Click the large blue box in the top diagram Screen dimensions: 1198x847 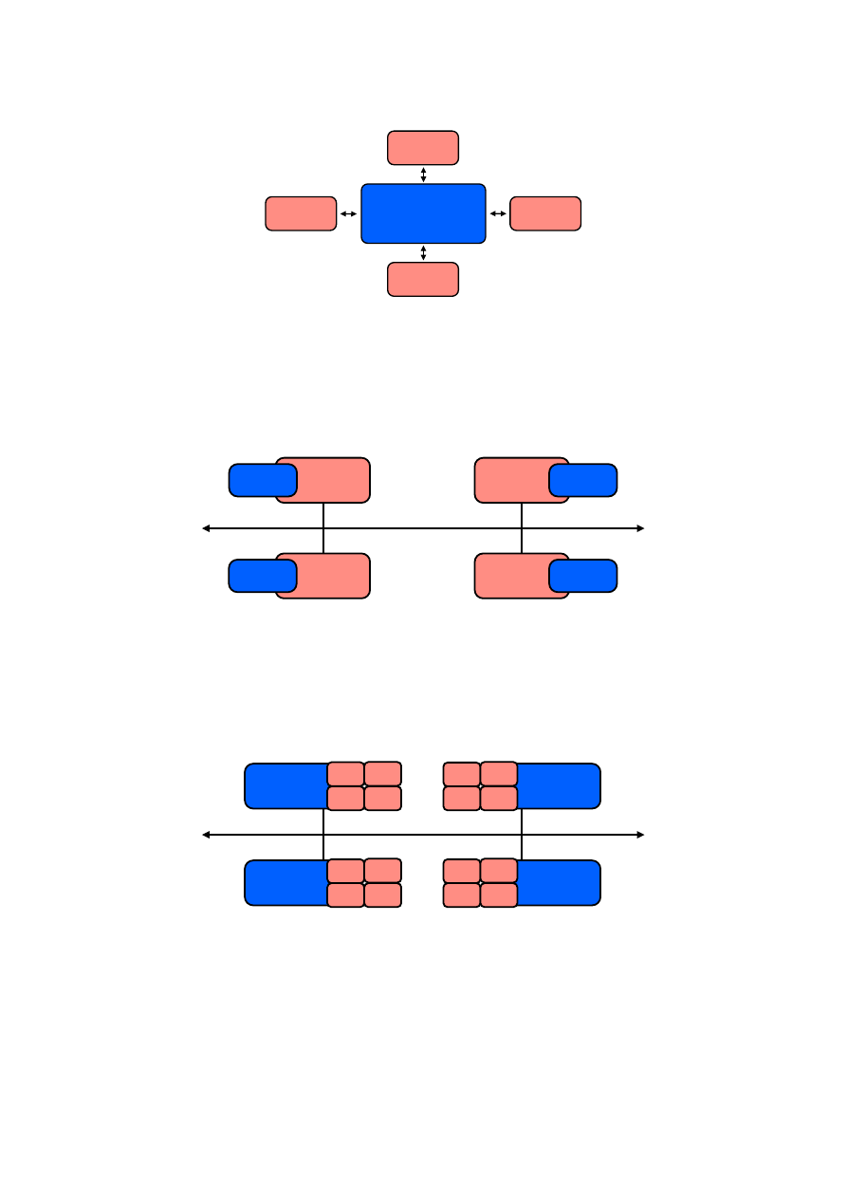point(423,213)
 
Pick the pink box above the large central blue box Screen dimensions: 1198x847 point(423,148)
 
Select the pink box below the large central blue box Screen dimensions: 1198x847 point(423,279)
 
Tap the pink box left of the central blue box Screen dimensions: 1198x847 point(301,213)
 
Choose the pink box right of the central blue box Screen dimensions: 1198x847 point(545,213)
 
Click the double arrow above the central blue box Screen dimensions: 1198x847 point(423,175)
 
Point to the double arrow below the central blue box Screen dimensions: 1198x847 point(423,252)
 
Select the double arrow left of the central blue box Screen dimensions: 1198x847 point(348,214)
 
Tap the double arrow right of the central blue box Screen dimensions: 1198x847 point(498,214)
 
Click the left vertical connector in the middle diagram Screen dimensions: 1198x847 point(323,528)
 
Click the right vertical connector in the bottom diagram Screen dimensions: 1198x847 point(522,835)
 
